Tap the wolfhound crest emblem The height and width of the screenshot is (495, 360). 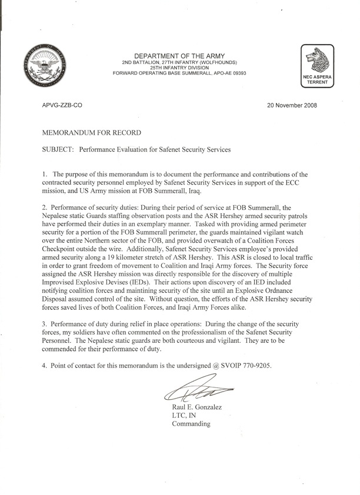(318, 58)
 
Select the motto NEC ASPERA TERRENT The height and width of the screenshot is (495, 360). (318, 81)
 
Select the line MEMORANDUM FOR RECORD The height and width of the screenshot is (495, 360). (91, 133)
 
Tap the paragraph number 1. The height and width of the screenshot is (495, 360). (44, 175)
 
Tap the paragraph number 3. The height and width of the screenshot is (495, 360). (44, 325)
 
